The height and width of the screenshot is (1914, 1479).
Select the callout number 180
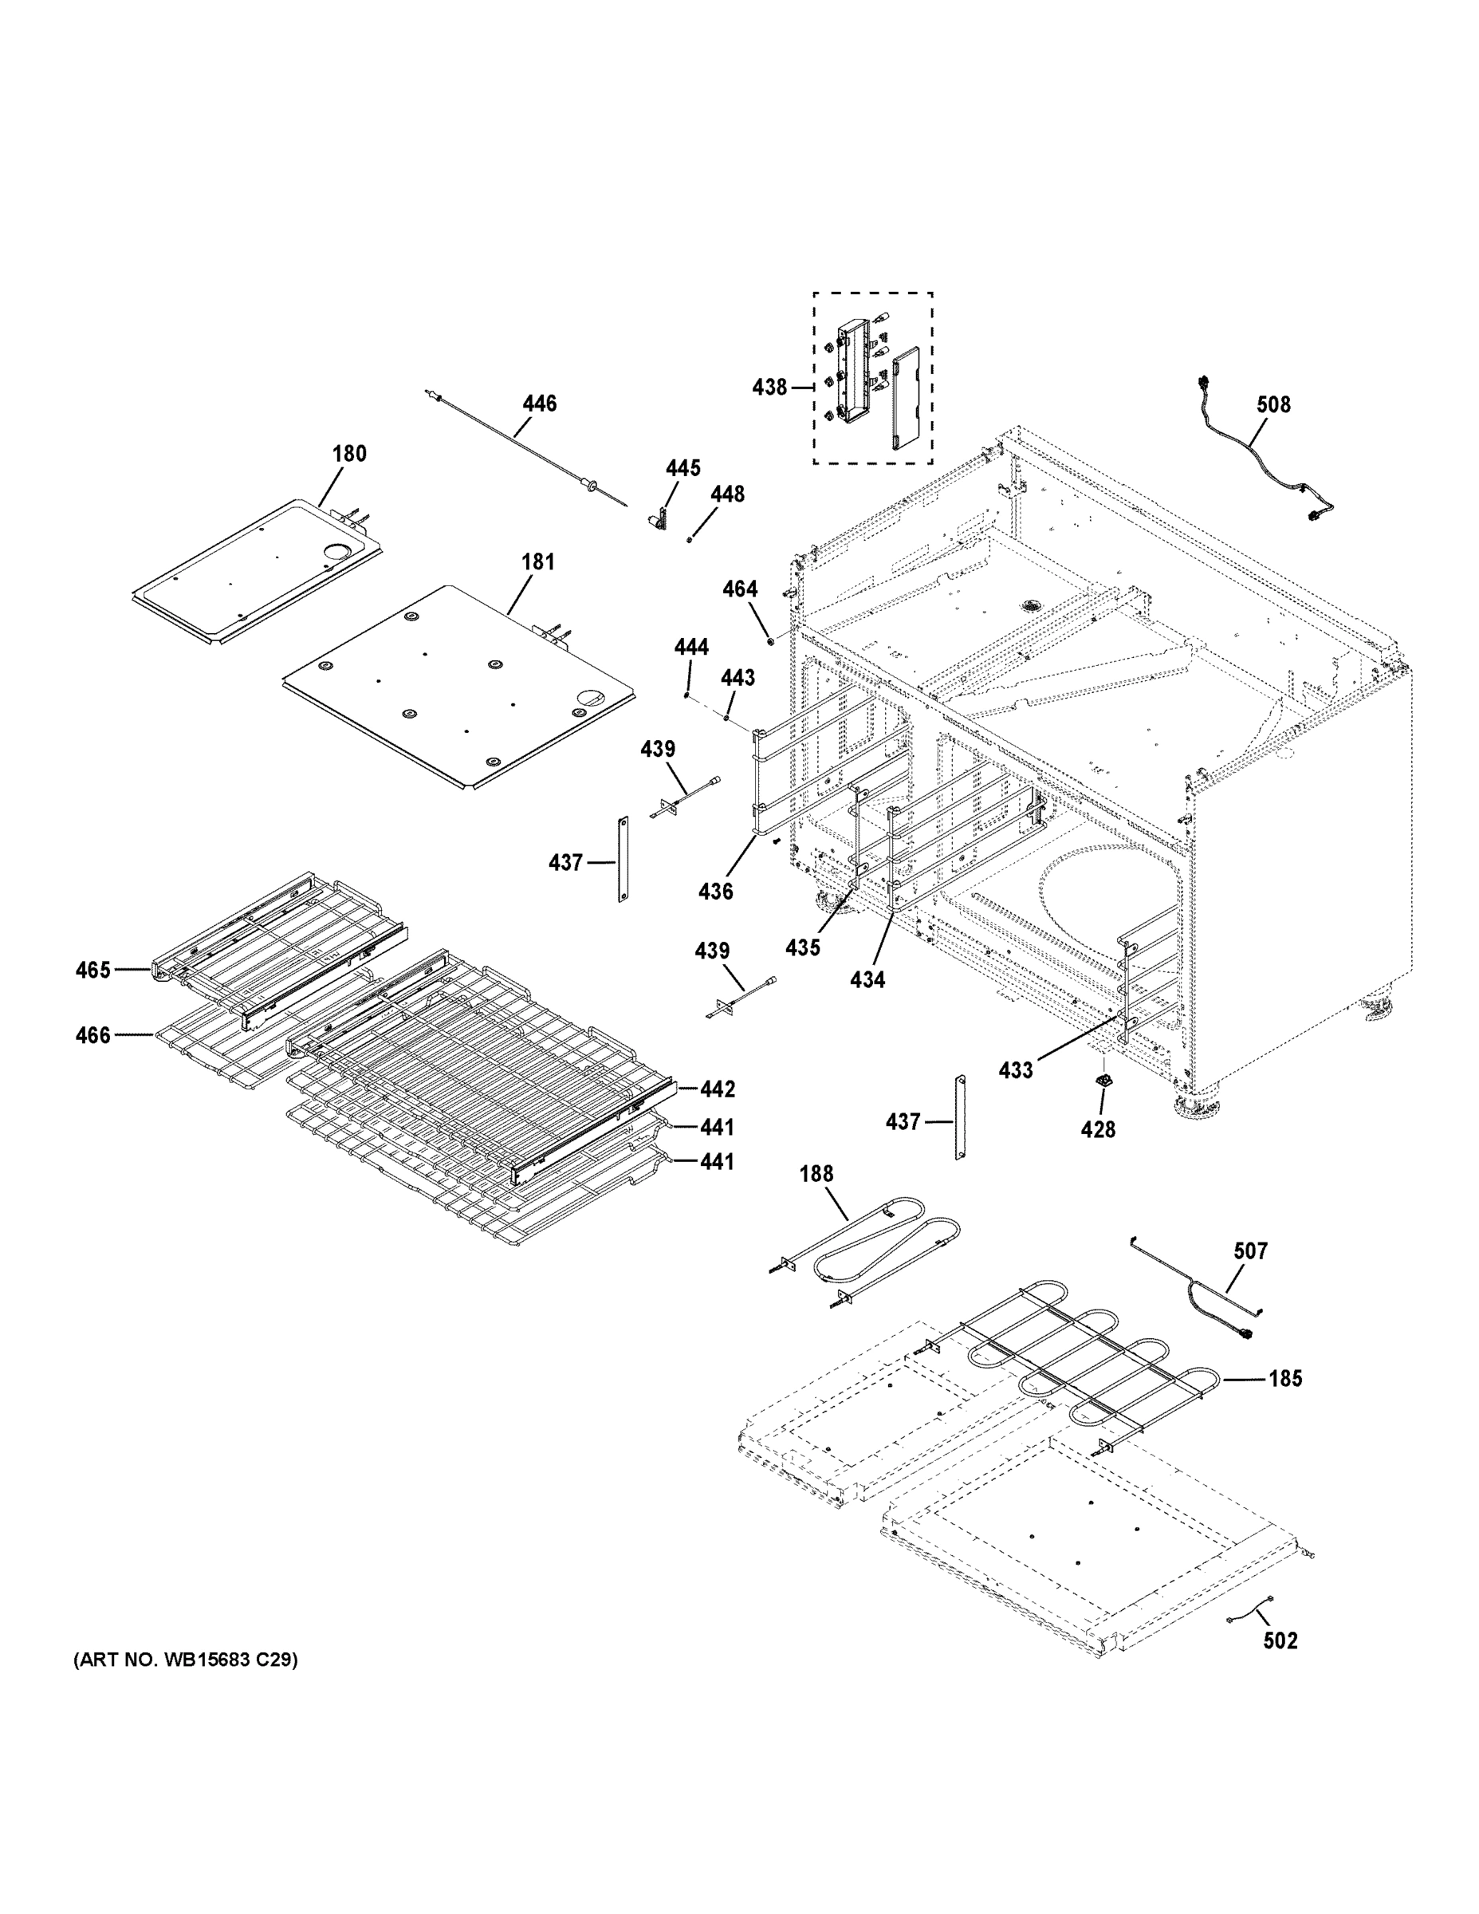(x=348, y=453)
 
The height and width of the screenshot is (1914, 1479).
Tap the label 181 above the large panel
(x=538, y=561)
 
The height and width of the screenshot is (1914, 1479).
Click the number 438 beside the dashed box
(x=769, y=387)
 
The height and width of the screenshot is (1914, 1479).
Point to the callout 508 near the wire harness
(x=1273, y=404)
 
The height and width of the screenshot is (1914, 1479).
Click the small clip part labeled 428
(x=1105, y=1081)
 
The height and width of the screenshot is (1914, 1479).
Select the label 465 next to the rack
(x=92, y=969)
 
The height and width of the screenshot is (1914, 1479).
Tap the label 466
(x=92, y=1035)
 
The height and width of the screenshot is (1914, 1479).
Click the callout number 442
(x=717, y=1089)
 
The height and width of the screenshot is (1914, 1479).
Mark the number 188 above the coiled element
(x=816, y=1173)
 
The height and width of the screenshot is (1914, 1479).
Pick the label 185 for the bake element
(x=1285, y=1379)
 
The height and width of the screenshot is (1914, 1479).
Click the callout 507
(x=1250, y=1250)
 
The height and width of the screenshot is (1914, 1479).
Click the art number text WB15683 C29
(x=186, y=1660)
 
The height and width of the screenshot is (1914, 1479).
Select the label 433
(x=1016, y=1070)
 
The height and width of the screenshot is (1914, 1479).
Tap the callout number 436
(x=715, y=892)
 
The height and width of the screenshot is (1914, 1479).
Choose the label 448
(x=727, y=494)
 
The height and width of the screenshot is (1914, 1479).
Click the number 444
(x=690, y=648)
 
